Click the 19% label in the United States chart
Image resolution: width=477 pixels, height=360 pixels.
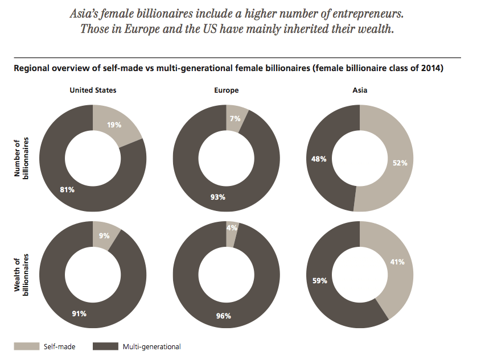[x=113, y=125]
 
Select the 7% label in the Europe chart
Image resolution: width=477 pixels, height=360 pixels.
[x=235, y=119]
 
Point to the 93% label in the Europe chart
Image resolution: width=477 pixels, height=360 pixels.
[x=218, y=197]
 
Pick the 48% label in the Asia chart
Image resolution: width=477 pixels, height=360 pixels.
[x=319, y=159]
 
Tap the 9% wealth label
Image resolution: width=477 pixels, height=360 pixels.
[x=104, y=235]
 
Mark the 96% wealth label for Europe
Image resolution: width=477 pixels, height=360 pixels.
[x=224, y=316]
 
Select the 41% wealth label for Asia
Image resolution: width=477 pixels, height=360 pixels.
[x=397, y=262]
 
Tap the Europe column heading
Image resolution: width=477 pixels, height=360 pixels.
[x=227, y=90]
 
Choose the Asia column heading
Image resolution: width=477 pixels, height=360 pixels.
[x=360, y=90]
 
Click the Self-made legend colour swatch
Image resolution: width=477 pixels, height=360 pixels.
[x=27, y=346]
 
